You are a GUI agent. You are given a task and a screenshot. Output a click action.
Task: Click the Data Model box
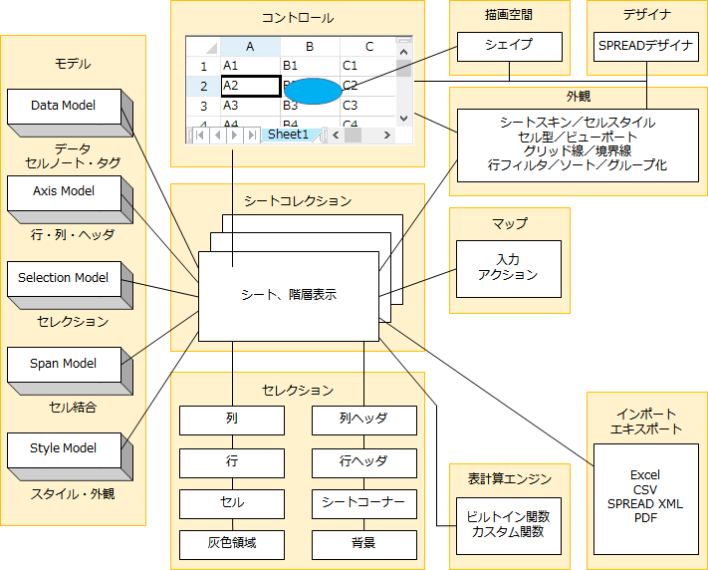point(64,106)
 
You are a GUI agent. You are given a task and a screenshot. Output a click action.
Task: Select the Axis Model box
point(64,191)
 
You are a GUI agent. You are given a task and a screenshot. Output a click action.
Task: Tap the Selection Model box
point(64,278)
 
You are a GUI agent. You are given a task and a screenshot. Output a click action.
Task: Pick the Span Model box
point(64,364)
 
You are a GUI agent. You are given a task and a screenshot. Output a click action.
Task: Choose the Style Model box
point(64,448)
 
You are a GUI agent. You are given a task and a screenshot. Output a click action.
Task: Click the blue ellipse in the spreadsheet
point(313,90)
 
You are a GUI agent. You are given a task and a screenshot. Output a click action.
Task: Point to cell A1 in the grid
point(249,66)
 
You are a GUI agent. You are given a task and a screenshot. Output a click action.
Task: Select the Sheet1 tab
point(289,135)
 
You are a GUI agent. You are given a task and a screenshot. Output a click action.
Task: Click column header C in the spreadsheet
point(368,46)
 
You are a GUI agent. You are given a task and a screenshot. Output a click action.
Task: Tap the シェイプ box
point(509,46)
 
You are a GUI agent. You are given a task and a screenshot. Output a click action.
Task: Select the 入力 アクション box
point(508,267)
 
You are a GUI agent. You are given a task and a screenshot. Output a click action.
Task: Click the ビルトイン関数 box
point(508,524)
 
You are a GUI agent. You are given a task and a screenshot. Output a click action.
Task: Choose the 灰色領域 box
point(232,544)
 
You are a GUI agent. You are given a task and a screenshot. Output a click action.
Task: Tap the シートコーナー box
point(363,503)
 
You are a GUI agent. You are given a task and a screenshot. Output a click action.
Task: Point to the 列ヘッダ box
point(363,421)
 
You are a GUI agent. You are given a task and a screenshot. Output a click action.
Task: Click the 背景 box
point(363,544)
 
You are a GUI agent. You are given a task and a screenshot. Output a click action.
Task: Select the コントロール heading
point(297,18)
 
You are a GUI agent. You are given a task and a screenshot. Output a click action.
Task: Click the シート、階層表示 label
point(289,295)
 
